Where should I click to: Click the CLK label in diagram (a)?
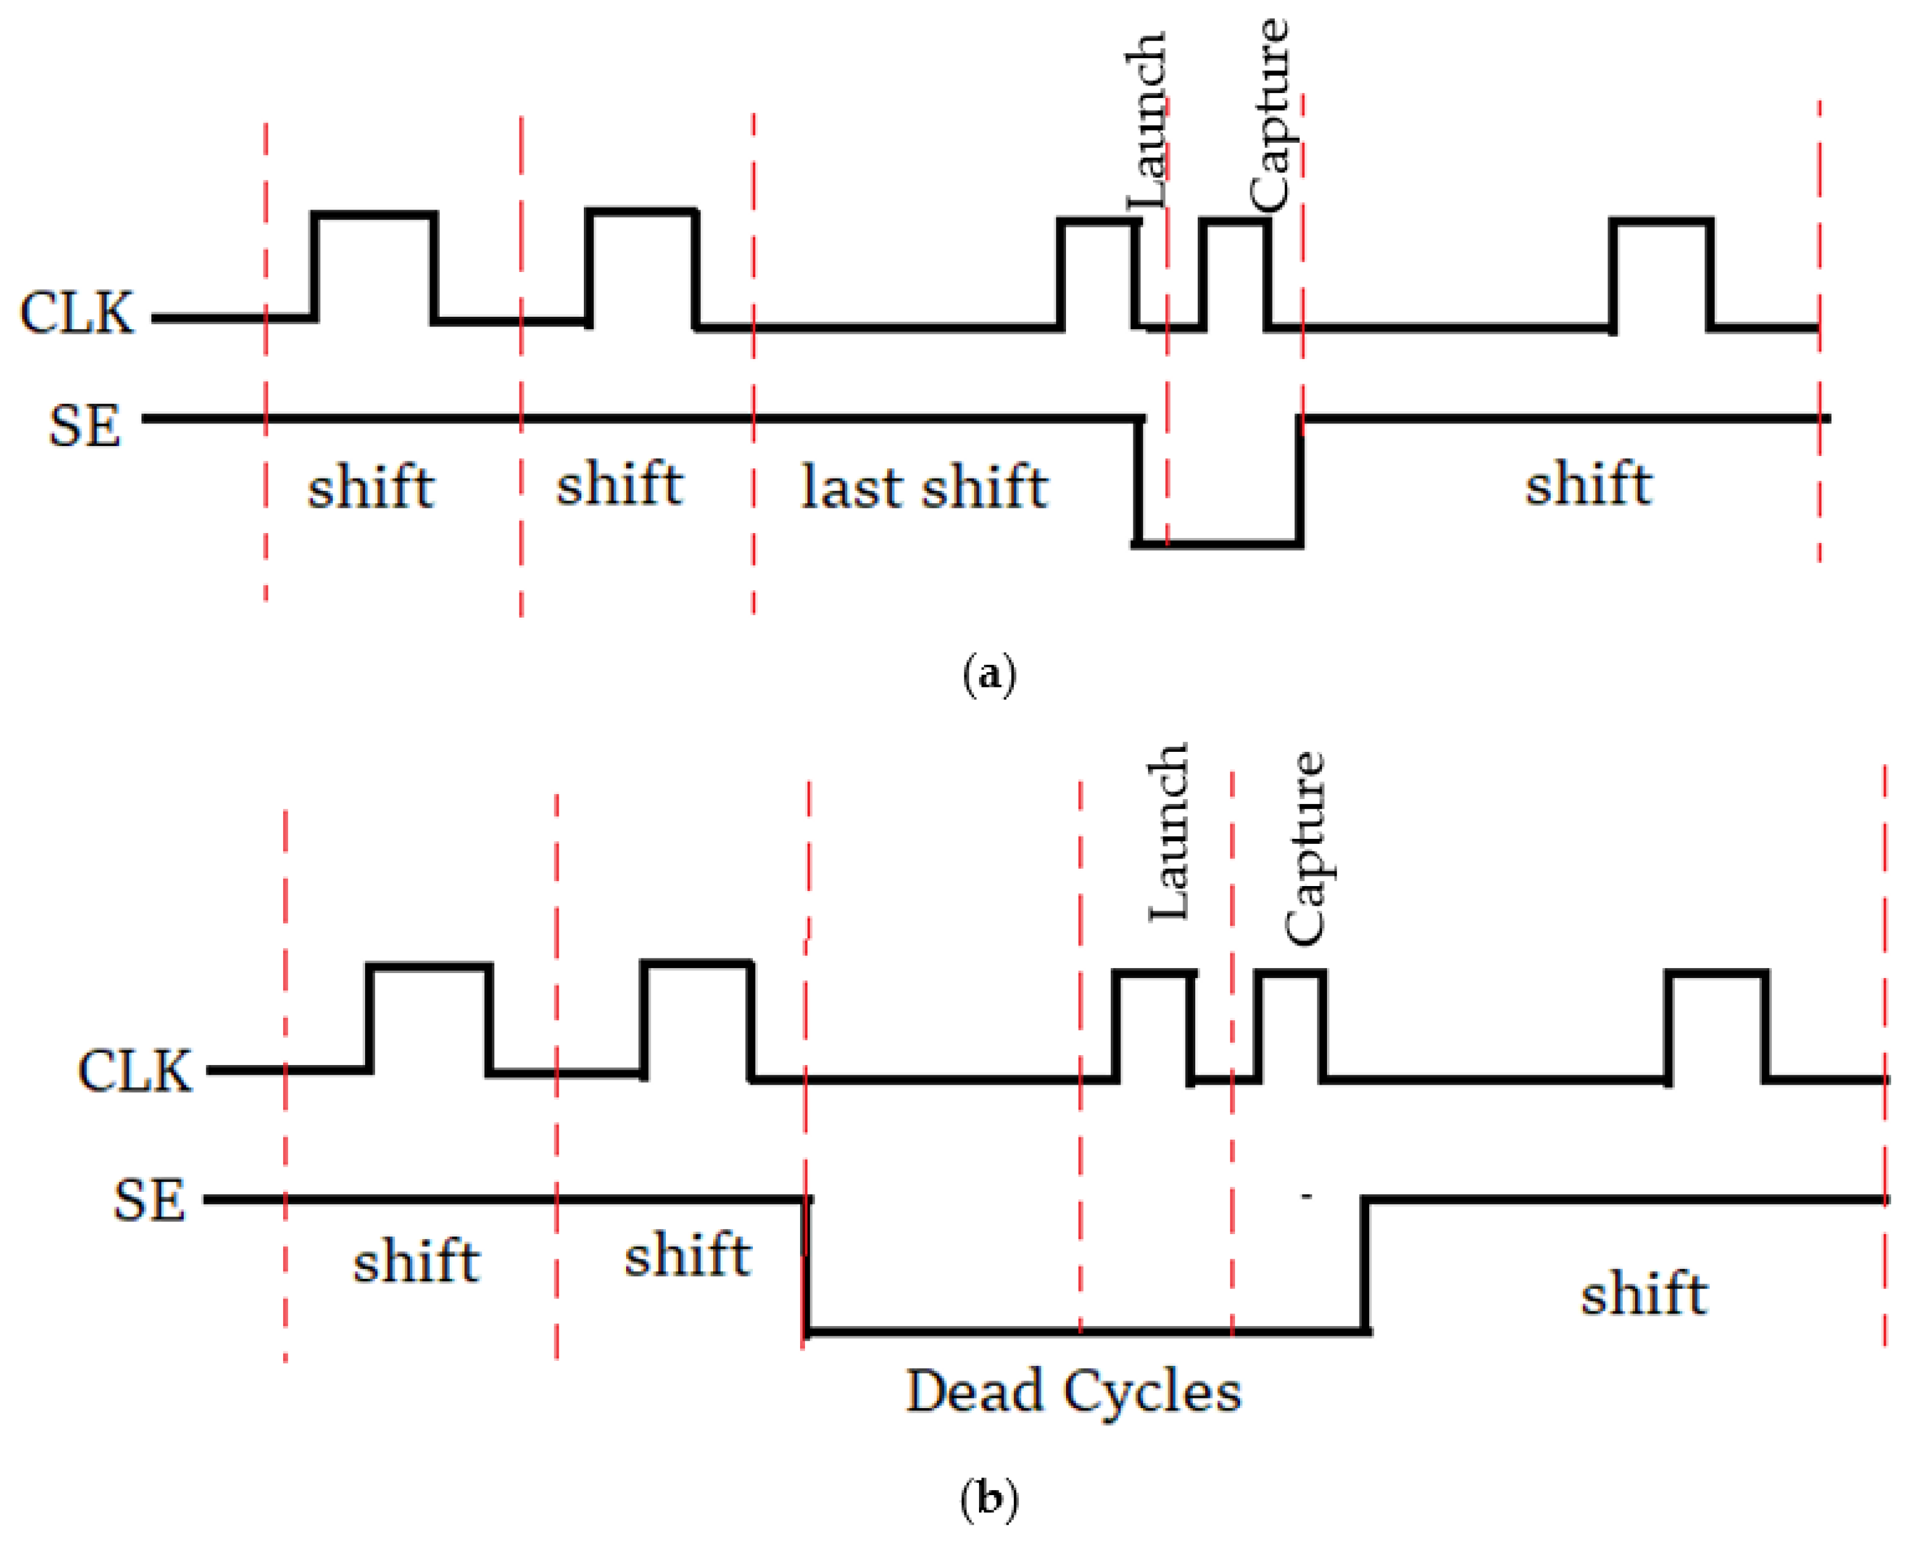coord(77,314)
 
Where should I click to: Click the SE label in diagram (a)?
coord(84,426)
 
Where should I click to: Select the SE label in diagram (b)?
coord(149,1200)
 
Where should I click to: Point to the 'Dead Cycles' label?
coord(1073,1391)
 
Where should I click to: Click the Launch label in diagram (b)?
coord(1168,833)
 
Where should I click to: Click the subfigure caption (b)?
coord(989,1499)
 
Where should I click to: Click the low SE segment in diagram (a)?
coord(1219,542)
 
